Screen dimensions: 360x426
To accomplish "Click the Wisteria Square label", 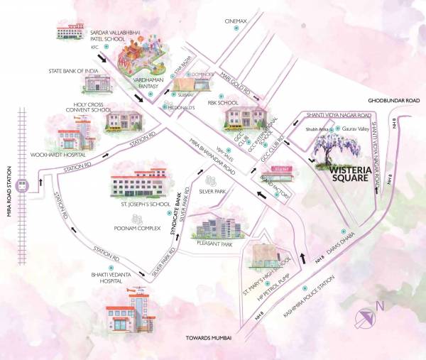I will (347, 174).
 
